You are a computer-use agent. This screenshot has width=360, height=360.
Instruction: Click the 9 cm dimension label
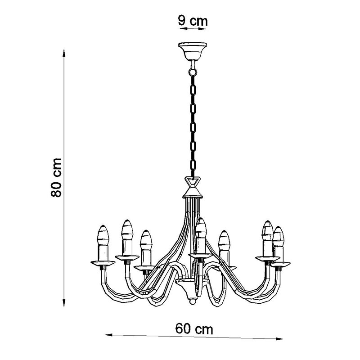click(193, 21)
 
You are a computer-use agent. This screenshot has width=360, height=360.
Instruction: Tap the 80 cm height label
click(56, 177)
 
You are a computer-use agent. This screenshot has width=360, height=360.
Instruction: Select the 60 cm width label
click(194, 329)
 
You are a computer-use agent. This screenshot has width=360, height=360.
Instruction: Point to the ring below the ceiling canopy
click(193, 72)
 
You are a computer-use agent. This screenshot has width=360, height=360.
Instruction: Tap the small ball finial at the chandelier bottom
click(193, 301)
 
